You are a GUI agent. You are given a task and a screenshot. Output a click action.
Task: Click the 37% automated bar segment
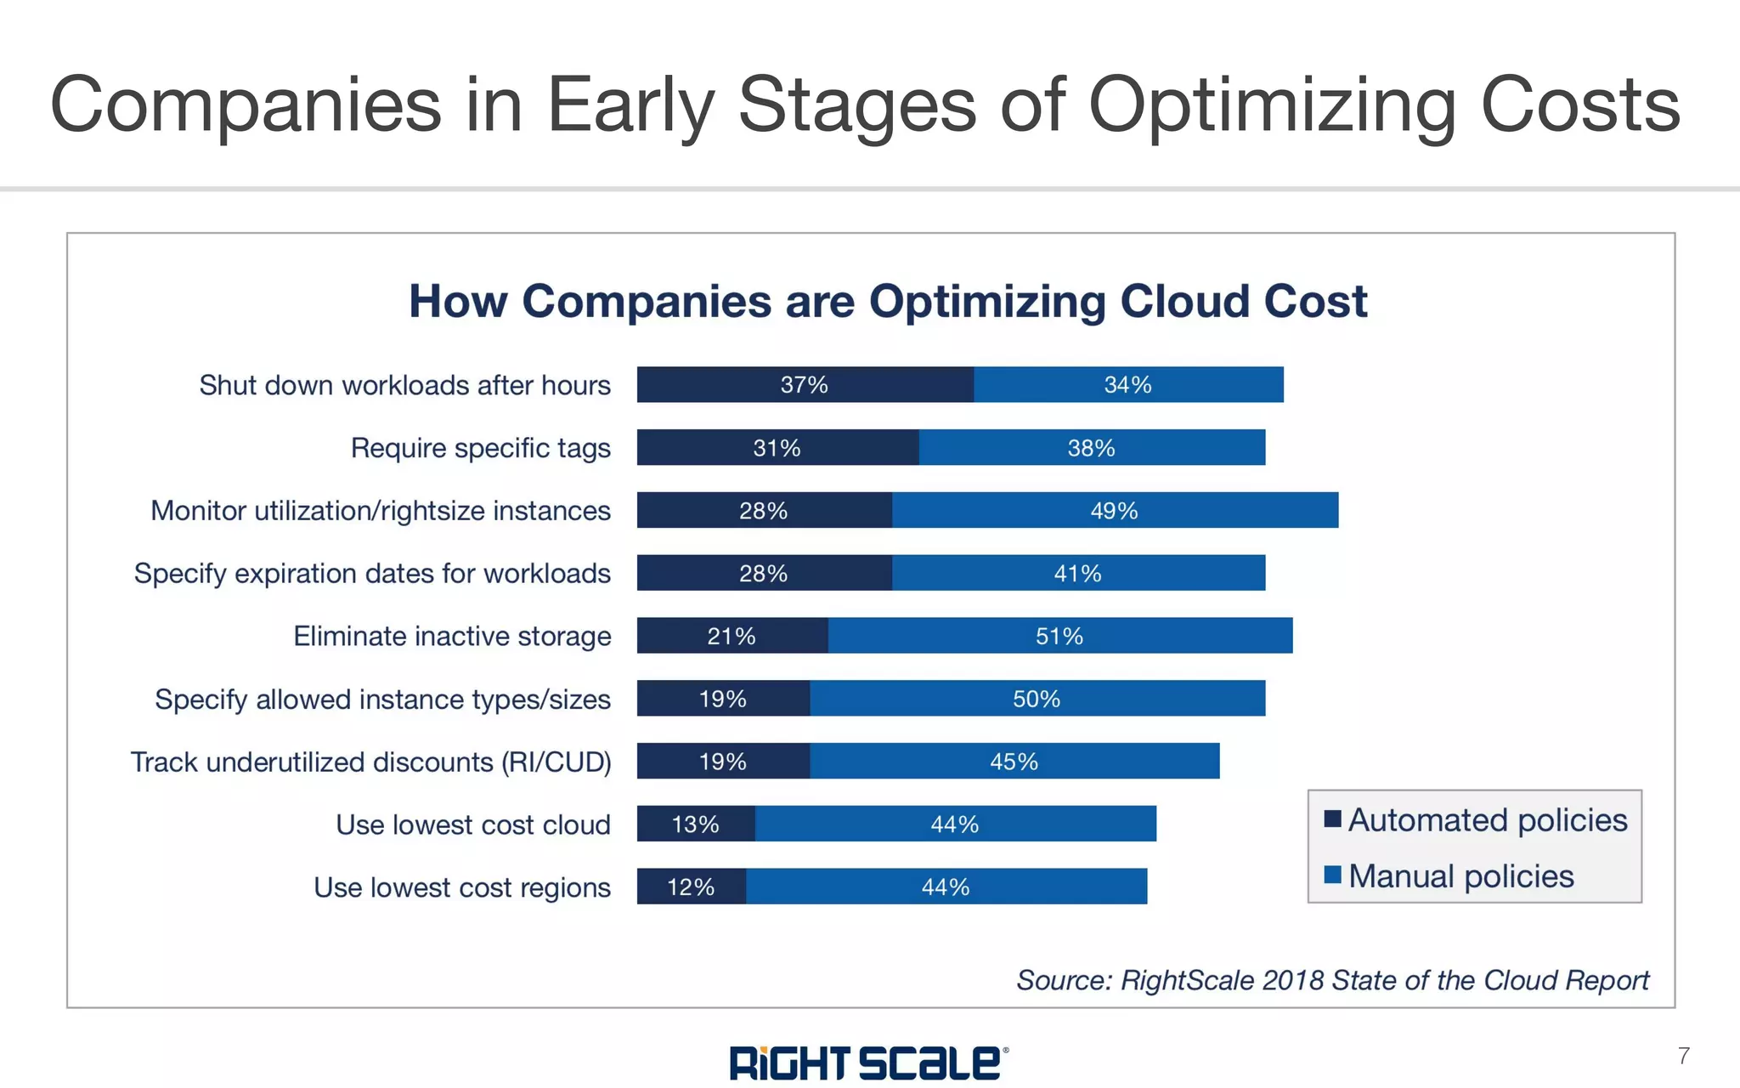coord(805,385)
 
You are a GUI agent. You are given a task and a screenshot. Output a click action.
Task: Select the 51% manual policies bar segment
coord(1059,636)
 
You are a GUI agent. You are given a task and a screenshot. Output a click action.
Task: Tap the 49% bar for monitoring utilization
coord(1114,511)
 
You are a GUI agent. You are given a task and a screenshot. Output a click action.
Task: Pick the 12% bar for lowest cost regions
coord(691,887)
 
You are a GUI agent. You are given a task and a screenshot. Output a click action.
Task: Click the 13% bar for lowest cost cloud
coord(695,824)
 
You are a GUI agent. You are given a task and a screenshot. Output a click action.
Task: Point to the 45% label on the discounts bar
coord(1014,762)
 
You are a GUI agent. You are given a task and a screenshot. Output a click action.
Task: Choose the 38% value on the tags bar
coord(1091,448)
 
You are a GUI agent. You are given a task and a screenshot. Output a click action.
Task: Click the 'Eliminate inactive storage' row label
coord(452,636)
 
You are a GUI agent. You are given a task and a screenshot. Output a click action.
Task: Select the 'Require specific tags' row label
coord(480,448)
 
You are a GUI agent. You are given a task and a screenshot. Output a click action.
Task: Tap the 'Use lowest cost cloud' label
coord(472,824)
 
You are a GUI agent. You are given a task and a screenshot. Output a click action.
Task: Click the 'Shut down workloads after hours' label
coord(404,385)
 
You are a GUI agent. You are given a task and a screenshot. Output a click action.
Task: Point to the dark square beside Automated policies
coord(1332,819)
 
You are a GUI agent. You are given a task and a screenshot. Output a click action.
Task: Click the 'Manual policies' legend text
coord(1460,875)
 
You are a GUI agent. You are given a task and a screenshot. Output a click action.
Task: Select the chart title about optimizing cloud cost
coord(888,301)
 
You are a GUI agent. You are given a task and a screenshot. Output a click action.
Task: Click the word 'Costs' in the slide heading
coord(1579,105)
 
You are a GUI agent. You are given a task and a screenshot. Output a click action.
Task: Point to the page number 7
coord(1683,1056)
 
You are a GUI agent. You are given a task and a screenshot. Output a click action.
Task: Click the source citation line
coord(1332,980)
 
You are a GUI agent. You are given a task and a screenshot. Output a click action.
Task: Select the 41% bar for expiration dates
coord(1077,574)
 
